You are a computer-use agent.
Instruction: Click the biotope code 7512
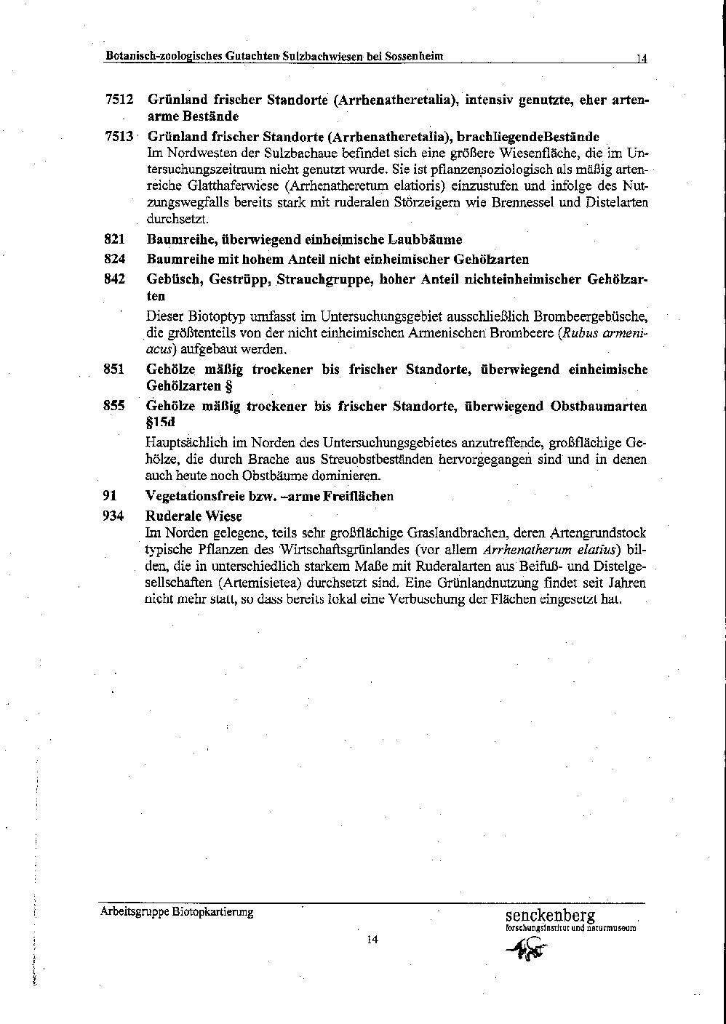point(119,99)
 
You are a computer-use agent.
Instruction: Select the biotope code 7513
point(119,136)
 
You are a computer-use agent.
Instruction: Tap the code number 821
point(115,239)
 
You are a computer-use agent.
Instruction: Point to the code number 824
point(115,259)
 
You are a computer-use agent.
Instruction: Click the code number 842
point(115,279)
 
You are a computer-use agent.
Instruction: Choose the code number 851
point(114,369)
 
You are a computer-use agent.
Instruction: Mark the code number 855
point(114,406)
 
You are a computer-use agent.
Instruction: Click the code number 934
point(114,516)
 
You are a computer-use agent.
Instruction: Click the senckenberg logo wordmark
point(550,915)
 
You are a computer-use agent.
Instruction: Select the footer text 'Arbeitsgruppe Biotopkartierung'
point(177,912)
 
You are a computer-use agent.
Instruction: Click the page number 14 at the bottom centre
point(372,939)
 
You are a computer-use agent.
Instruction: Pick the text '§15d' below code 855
point(161,422)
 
